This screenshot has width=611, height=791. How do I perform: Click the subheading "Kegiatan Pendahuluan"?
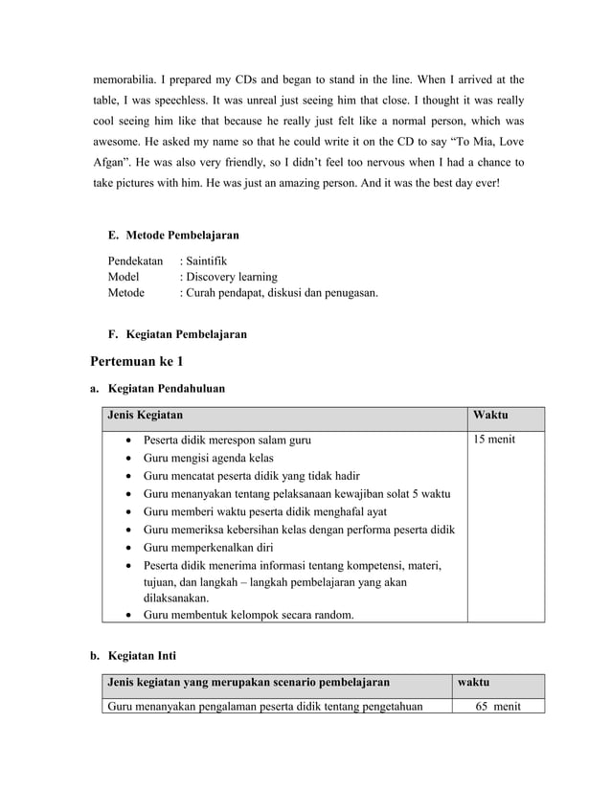[x=168, y=389]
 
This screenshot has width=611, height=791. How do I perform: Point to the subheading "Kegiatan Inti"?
[x=143, y=656]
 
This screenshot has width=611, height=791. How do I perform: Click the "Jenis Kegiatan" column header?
[x=147, y=416]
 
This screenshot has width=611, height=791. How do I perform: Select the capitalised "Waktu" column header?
[x=490, y=416]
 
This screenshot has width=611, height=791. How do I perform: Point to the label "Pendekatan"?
[x=135, y=260]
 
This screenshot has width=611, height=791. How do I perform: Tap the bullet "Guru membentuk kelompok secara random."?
[x=247, y=615]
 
